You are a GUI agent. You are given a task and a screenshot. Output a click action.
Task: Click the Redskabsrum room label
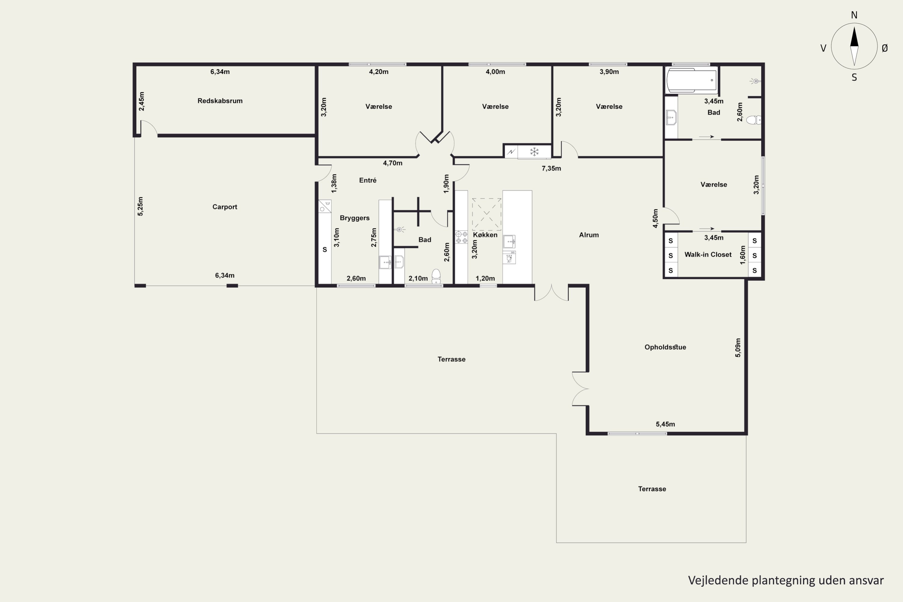(220, 101)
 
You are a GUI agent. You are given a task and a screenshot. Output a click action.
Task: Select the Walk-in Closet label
(708, 255)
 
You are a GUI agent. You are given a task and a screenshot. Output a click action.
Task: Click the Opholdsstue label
(665, 347)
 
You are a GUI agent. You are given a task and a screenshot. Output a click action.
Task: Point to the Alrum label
(589, 235)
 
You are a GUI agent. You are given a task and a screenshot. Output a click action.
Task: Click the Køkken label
(485, 235)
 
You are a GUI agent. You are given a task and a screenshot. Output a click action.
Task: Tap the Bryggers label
(355, 218)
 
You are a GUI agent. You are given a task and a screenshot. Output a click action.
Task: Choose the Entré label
(368, 180)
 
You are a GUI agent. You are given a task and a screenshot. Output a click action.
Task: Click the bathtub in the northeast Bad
(692, 80)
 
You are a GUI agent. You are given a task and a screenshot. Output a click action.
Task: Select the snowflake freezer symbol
(535, 152)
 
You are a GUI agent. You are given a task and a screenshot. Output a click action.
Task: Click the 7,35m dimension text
(551, 169)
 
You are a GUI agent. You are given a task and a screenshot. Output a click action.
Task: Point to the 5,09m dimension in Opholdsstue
(738, 347)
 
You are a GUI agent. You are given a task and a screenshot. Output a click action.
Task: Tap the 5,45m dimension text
(665, 424)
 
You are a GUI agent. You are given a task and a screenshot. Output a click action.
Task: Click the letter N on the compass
(854, 15)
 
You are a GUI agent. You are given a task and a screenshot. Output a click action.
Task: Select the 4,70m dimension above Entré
(393, 163)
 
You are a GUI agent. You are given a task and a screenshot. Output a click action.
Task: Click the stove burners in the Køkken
(461, 237)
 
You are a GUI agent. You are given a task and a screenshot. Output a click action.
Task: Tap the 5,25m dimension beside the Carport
(140, 206)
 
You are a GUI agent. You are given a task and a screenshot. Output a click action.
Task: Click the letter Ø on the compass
(885, 48)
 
